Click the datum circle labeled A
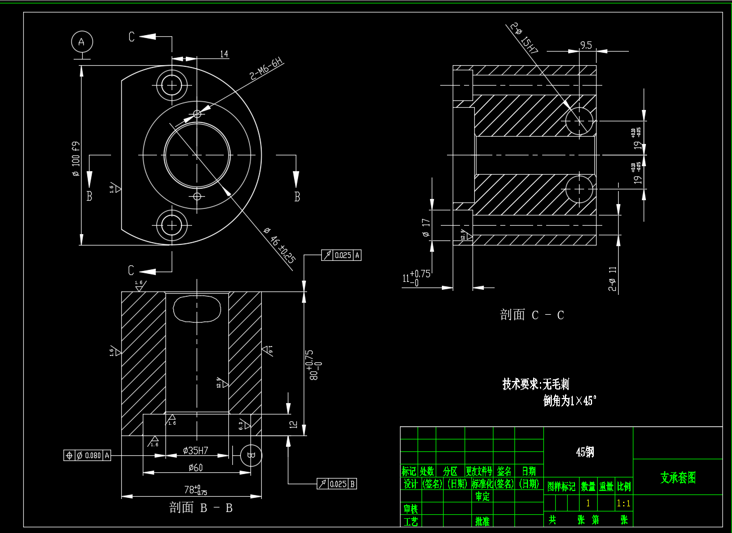(x=82, y=42)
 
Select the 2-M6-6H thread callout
(x=266, y=69)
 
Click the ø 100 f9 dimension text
(x=75, y=159)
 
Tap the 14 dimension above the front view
(x=224, y=54)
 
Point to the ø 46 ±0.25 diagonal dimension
(x=279, y=245)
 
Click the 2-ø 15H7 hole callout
(x=524, y=38)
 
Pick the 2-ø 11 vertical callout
(x=612, y=278)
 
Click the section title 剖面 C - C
(x=531, y=315)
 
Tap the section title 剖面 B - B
(x=201, y=507)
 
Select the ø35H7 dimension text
(x=195, y=451)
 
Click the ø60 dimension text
(x=195, y=468)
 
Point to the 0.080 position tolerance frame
(x=87, y=455)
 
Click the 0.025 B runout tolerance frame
(x=337, y=484)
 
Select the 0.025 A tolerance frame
(x=341, y=255)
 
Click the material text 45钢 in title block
(x=585, y=452)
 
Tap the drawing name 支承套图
(x=678, y=477)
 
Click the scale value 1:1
(x=623, y=503)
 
